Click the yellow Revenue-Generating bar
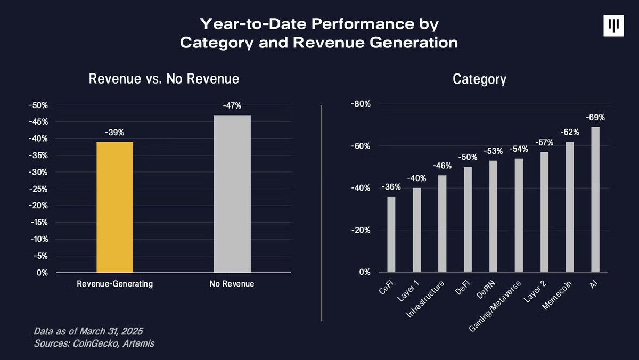point(114,207)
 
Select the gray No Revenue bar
point(232,194)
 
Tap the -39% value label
point(114,132)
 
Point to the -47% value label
point(232,105)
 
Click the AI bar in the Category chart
point(595,200)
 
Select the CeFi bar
point(391,234)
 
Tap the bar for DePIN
point(493,216)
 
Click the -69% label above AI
point(595,118)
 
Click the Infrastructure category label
point(427,301)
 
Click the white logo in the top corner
point(613,26)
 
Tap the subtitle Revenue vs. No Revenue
point(163,79)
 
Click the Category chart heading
point(479,79)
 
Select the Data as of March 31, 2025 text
point(88,331)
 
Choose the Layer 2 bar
point(544,212)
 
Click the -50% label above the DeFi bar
point(468,158)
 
